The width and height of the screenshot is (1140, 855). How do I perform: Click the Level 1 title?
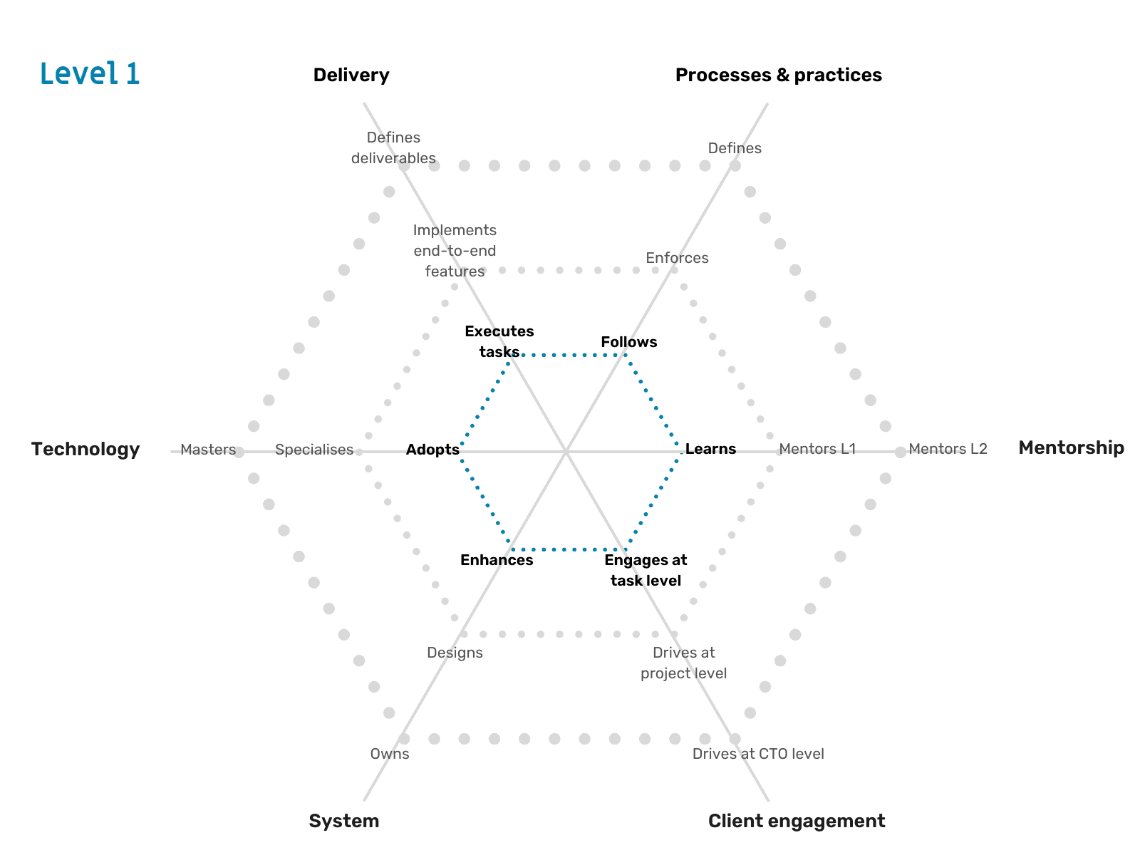coord(90,73)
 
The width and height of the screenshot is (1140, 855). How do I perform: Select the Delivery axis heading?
coord(351,75)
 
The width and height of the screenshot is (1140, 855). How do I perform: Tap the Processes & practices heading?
coord(778,75)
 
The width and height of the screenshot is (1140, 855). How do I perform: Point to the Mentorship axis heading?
coord(1071,447)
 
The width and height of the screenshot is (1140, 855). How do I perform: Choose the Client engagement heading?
coord(797,821)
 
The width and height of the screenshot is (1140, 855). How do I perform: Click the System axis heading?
coord(344,821)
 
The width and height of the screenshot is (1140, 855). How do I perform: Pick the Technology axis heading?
coord(85,449)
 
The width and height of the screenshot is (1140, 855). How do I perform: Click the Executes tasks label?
coord(499,341)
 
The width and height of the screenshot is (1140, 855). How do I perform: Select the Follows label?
coord(628,342)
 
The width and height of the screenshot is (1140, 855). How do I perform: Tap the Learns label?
coord(710,449)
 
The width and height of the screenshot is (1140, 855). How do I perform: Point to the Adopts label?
coord(432,450)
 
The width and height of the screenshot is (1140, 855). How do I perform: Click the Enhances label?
coord(497,560)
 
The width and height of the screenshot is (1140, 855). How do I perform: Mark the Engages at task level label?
coord(646,570)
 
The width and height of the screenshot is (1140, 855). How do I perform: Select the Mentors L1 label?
coord(817,449)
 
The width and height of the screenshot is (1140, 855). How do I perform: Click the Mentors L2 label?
coord(948,449)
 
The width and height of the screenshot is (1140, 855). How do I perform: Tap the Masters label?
coord(208,450)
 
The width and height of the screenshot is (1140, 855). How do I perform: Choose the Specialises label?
coord(314,450)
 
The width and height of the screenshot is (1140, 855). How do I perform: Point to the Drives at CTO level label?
coord(758,754)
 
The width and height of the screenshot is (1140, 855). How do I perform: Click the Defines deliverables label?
coord(393,147)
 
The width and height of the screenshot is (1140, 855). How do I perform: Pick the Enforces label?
coord(677,258)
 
